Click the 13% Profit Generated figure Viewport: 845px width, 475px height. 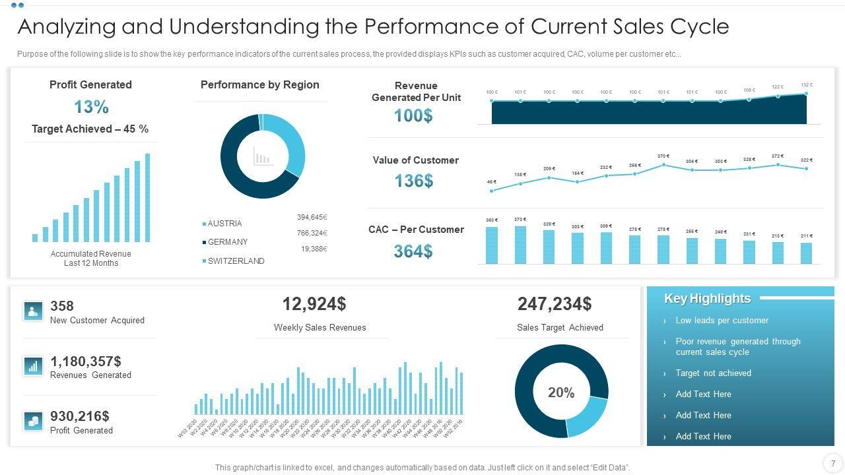91,107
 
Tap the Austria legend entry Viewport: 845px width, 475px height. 224,224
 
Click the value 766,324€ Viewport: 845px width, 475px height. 312,233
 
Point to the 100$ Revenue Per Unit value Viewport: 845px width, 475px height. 413,115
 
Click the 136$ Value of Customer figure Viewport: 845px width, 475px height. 413,181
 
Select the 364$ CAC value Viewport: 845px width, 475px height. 413,251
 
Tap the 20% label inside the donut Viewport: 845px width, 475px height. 561,393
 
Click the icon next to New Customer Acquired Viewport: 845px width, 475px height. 33,311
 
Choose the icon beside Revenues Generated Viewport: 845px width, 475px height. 33,366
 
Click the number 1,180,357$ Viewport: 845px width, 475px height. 86,362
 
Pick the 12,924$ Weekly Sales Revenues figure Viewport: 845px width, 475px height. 314,304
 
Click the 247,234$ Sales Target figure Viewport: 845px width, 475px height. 555,304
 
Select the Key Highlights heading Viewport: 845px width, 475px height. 707,299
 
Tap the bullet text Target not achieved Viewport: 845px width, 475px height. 713,373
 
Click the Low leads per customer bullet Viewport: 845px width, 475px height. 722,321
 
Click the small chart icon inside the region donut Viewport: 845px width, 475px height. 263,156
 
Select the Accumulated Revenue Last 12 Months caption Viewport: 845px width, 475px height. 91,259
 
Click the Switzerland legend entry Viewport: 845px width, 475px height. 236,261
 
